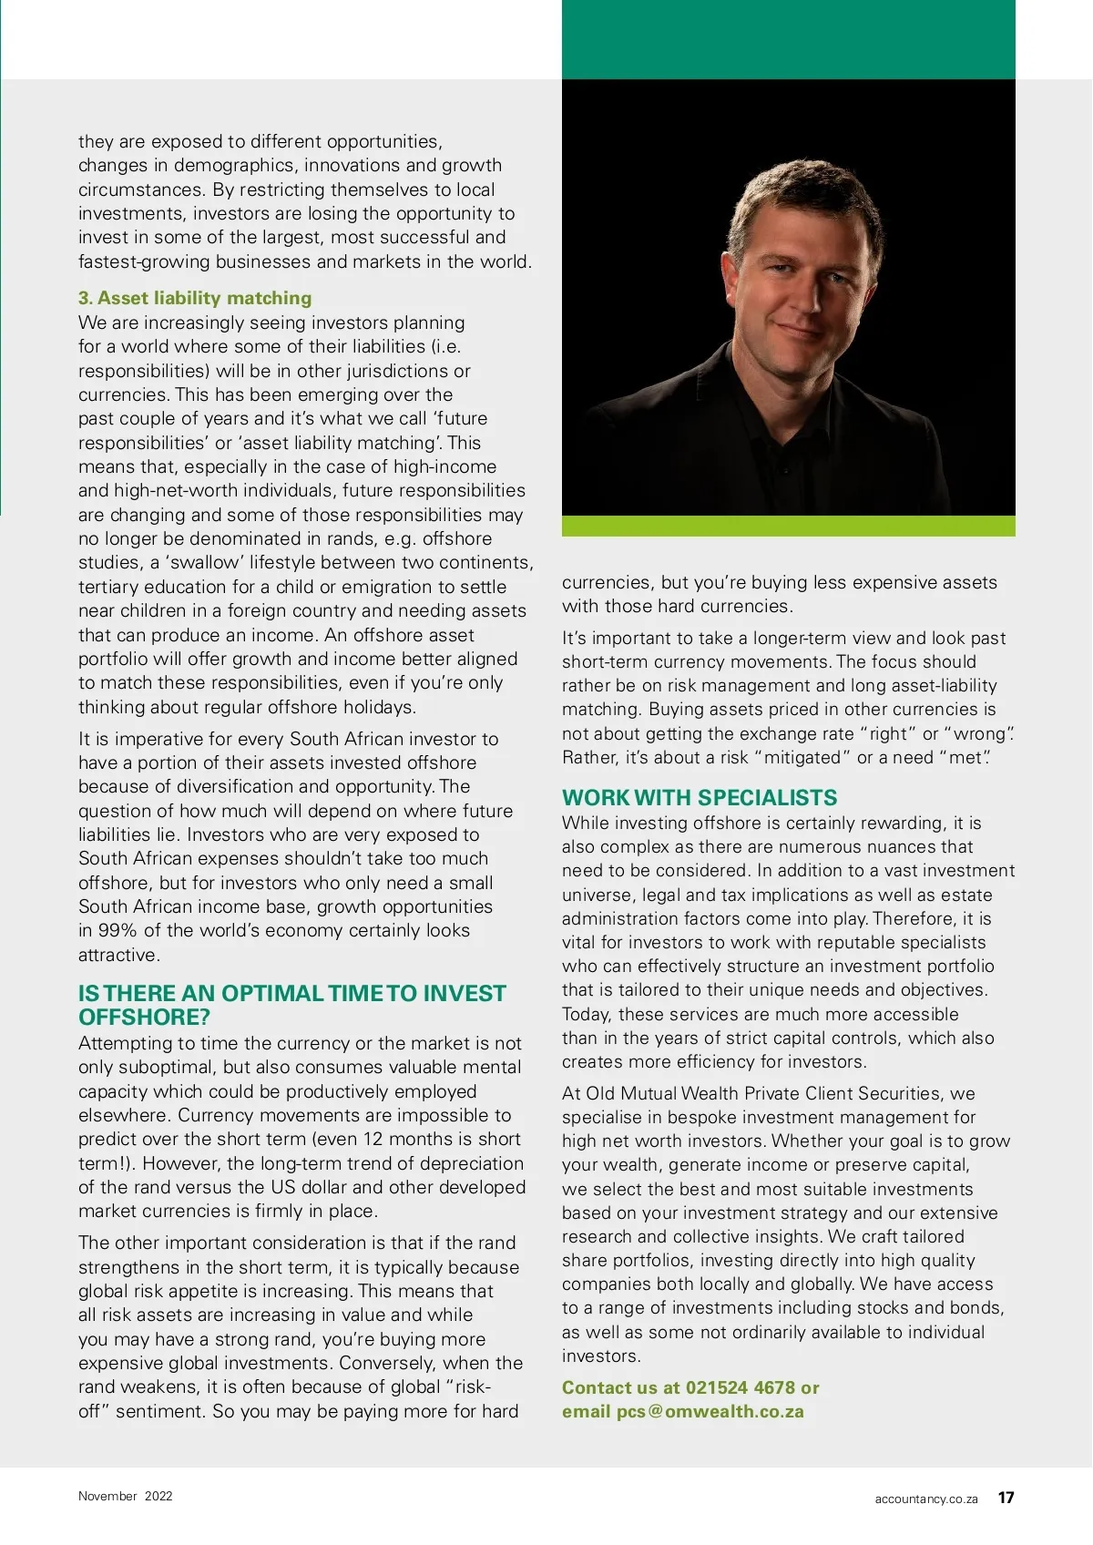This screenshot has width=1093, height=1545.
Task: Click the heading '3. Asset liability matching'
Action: tap(195, 298)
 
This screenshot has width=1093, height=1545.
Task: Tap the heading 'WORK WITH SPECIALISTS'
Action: tap(699, 798)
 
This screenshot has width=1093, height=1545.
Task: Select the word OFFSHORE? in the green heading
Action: tap(144, 1018)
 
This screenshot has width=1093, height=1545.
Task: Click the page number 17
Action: tap(1006, 1498)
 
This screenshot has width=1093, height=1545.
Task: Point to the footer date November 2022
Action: tap(125, 1496)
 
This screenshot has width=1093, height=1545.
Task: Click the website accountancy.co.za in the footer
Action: tap(925, 1499)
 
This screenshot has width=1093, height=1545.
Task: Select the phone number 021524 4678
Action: tap(741, 1387)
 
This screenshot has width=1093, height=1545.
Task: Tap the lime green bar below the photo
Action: tap(788, 526)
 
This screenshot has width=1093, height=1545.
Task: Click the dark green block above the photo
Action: tap(788, 39)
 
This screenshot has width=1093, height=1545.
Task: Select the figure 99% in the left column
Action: tap(117, 930)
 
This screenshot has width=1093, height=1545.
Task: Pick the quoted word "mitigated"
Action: tap(801, 758)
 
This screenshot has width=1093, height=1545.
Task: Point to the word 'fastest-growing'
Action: tap(136, 261)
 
